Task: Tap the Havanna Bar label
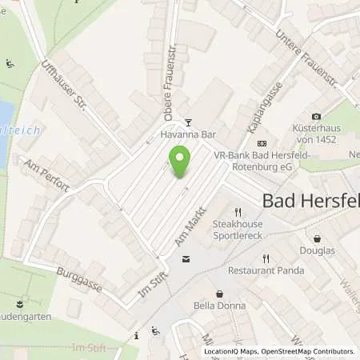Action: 188,135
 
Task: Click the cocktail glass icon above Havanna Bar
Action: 188,122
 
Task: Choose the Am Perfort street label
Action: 47,174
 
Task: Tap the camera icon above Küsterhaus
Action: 316,117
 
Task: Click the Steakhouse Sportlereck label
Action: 238,230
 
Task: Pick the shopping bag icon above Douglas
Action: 318,238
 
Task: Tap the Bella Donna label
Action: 219,305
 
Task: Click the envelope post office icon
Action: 186,259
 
